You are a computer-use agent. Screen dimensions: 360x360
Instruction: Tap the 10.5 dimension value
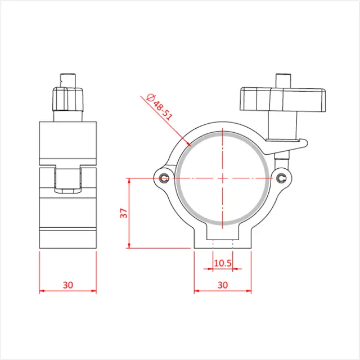click(x=223, y=263)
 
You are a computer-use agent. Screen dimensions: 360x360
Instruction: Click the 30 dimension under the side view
click(x=68, y=285)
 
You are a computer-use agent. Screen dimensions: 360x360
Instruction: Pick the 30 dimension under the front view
click(x=223, y=285)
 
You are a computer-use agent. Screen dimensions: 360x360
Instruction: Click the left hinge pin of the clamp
click(x=164, y=178)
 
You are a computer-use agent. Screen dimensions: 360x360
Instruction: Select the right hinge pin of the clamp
click(x=282, y=178)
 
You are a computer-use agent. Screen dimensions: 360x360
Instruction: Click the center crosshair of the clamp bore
click(x=223, y=178)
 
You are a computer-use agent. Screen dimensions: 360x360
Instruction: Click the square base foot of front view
click(x=223, y=236)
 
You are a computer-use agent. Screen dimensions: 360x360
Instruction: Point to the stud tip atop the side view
click(x=67, y=78)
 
